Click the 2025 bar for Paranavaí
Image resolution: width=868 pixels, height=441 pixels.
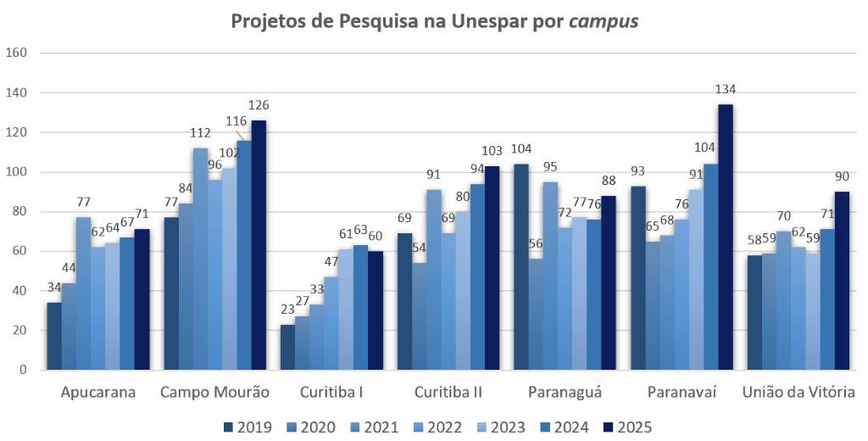[726, 237]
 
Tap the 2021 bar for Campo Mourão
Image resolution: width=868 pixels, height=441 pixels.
[200, 259]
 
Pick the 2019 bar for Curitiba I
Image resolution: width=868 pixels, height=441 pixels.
[287, 348]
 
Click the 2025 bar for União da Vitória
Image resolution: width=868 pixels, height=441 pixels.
[842, 281]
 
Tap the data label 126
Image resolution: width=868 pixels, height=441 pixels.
[258, 106]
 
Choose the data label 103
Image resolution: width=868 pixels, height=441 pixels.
[492, 152]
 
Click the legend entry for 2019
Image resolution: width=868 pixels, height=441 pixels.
[247, 427]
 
